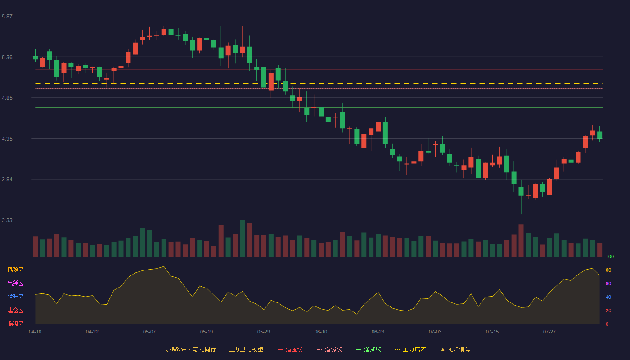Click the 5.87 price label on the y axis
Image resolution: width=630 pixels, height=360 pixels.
[7, 16]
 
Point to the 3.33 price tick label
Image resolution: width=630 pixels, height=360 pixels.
[7, 220]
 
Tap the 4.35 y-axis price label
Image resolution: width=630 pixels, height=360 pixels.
[7, 139]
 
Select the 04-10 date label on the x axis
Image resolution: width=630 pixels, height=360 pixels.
[35, 332]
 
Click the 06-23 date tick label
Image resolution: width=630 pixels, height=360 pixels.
[378, 332]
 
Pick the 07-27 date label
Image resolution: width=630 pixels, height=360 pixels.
[549, 332]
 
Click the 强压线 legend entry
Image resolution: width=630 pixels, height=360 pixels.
[290, 349]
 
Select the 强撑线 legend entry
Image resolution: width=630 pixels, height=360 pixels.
[369, 349]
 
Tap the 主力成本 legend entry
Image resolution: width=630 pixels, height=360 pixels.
[410, 349]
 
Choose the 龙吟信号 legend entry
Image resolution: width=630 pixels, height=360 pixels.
[455, 349]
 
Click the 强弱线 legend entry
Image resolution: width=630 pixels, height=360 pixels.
[329, 349]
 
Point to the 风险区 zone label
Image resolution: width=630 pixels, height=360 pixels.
[15, 270]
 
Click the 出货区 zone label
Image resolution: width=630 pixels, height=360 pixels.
[15, 283]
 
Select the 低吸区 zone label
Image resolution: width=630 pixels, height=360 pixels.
[15, 324]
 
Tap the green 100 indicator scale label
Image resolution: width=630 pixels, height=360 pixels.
[610, 256]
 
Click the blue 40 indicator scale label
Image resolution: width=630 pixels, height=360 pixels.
[608, 297]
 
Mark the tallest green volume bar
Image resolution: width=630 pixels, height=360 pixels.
[243, 238]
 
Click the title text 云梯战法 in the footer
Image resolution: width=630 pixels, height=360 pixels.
[175, 349]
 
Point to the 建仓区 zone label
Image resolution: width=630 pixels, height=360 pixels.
[15, 310]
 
